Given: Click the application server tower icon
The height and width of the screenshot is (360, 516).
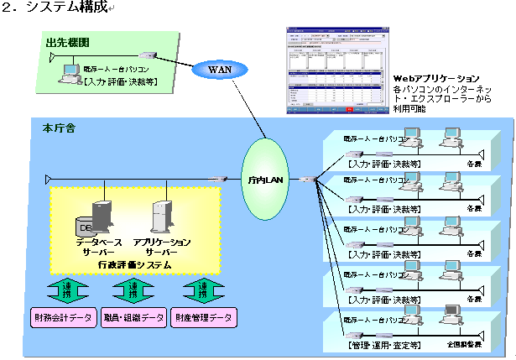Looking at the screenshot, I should click(161, 217).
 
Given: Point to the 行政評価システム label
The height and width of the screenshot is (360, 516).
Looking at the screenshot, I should click(134, 264).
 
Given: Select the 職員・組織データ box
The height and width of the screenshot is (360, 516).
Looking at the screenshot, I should click(133, 317).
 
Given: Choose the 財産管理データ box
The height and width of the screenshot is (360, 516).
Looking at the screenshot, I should click(204, 317).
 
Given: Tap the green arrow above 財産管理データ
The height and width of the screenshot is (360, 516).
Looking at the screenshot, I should click(202, 290).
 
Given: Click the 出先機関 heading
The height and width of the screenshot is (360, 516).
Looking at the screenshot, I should click(62, 41).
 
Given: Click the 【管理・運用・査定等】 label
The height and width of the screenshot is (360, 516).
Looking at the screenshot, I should click(384, 344).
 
